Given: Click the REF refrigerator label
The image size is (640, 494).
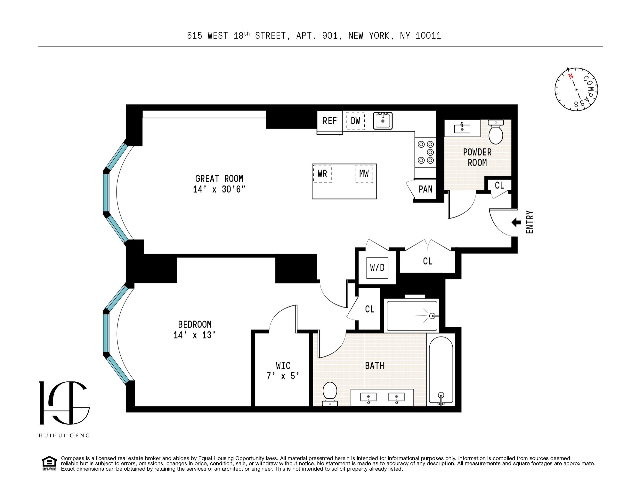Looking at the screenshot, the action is click(330, 121).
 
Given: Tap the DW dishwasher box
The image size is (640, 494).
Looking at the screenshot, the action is click(355, 121).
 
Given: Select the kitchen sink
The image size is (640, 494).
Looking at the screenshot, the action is click(383, 121).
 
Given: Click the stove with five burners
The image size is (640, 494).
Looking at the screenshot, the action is click(425, 152).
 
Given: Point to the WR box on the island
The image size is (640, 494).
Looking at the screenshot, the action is click(322, 174).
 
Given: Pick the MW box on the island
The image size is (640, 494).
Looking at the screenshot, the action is click(364, 174).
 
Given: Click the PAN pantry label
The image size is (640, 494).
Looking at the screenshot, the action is click(425, 189).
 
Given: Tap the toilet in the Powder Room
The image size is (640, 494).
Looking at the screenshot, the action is click(496, 132).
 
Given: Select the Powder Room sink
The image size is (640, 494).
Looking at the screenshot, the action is click(462, 128).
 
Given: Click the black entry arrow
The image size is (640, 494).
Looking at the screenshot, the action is click(517, 223).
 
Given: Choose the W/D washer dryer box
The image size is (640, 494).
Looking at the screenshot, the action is click(377, 267).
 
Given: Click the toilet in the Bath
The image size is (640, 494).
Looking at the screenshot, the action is click(330, 394).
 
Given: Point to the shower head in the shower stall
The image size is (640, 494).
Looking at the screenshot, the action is click(433, 315).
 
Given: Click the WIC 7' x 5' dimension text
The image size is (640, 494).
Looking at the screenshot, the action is click(283, 376).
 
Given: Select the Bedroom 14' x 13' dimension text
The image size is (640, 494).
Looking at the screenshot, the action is click(194, 335).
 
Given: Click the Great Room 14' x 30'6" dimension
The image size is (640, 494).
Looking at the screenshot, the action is click(219, 189).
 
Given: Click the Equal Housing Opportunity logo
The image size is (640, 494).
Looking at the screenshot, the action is click(49, 463).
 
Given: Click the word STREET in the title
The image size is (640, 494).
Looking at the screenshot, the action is click(270, 36).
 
